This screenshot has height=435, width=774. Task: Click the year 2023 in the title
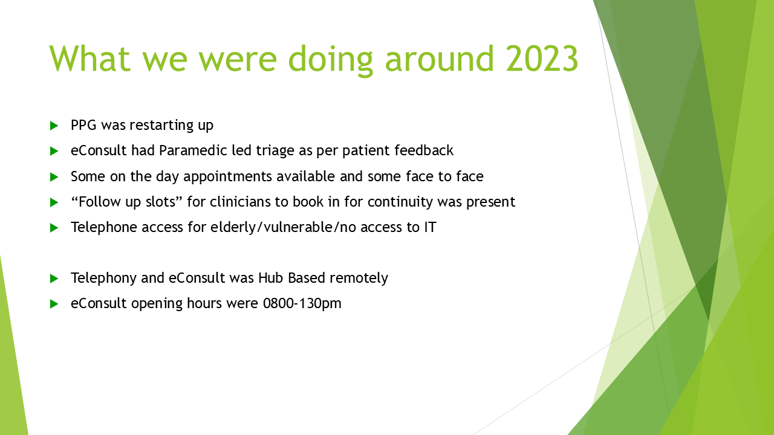point(542,58)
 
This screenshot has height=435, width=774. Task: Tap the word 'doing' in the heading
point(330,60)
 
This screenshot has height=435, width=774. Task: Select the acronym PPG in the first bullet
point(83,125)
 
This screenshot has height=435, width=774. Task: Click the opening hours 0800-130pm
point(302,304)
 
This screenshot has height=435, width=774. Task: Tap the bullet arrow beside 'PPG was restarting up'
point(54,126)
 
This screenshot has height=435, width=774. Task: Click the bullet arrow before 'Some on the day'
point(54,177)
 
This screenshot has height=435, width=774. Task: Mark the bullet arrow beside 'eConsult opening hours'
point(54,304)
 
